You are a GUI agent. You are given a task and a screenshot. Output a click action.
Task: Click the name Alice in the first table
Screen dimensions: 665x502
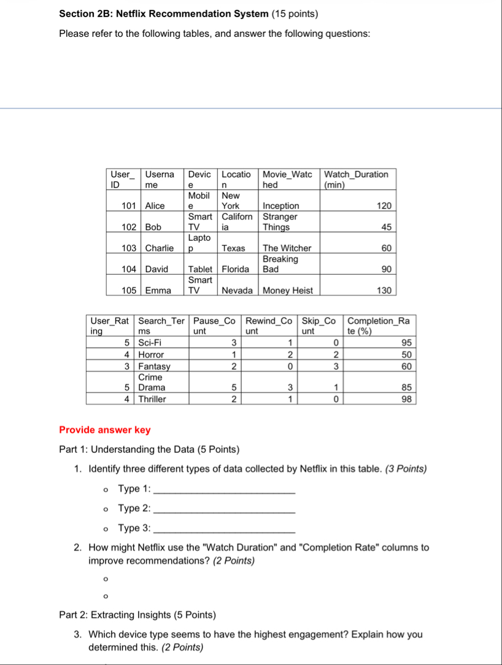click(x=155, y=206)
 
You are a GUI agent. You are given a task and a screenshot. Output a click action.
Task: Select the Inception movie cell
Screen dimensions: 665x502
click(x=281, y=206)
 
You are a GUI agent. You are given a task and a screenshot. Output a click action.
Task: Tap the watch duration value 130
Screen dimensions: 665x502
click(x=384, y=291)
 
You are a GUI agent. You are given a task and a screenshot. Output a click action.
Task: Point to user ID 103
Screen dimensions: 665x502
click(x=128, y=248)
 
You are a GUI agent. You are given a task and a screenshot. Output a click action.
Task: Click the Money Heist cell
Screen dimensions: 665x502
click(x=288, y=291)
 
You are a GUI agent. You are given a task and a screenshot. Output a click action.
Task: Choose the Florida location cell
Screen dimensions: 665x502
click(x=236, y=269)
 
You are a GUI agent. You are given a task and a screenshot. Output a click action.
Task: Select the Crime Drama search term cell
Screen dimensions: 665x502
click(x=150, y=382)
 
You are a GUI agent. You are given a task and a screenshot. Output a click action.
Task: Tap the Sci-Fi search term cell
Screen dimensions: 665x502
click(x=148, y=343)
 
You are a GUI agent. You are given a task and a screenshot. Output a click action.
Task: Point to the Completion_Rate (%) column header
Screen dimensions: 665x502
click(x=378, y=325)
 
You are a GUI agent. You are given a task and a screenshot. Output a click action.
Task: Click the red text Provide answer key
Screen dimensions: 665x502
click(x=105, y=430)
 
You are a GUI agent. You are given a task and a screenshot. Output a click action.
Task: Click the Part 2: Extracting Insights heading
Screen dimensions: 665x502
click(x=137, y=615)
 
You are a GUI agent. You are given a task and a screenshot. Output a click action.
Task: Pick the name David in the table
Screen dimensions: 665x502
click(x=156, y=269)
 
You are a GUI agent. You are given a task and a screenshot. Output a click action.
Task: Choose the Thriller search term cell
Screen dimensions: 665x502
click(x=152, y=399)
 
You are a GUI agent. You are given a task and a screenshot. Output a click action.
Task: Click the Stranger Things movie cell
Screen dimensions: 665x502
click(x=280, y=222)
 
